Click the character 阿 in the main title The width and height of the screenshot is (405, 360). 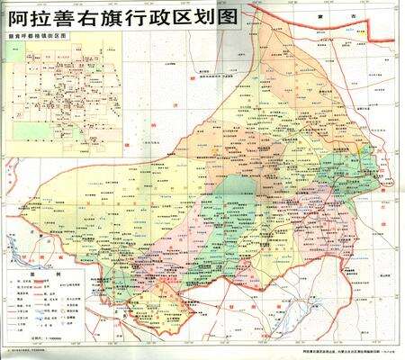point(17,17)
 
